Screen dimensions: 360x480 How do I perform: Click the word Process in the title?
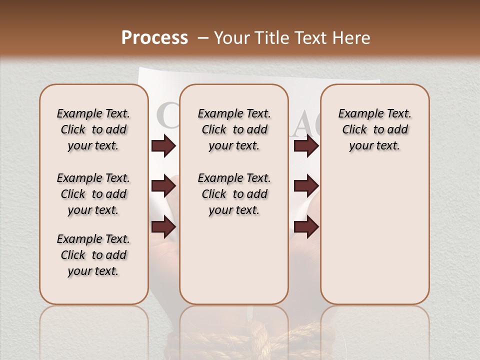[x=154, y=38]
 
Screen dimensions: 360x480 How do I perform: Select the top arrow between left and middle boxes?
[x=163, y=146]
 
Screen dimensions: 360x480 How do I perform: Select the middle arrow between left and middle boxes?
[x=163, y=186]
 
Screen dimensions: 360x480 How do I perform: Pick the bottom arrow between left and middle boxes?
[x=163, y=226]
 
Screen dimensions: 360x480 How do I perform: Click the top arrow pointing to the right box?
[x=306, y=146]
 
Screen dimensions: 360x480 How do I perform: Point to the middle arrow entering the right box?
[x=306, y=186]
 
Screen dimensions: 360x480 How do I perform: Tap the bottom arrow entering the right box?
[x=306, y=226]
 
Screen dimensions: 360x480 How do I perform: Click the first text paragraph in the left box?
[x=93, y=129]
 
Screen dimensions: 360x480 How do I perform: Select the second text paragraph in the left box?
[x=93, y=194]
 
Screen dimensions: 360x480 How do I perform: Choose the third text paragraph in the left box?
[x=93, y=255]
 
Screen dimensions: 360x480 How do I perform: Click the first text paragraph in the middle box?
[x=234, y=129]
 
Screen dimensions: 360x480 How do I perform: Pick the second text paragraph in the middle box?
[x=234, y=194]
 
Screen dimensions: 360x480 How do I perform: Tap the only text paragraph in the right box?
[x=374, y=129]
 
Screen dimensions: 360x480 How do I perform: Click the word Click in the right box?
[x=354, y=130]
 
